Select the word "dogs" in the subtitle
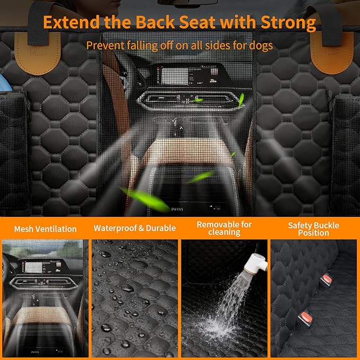pos(260,45)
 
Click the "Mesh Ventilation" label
pos(45,229)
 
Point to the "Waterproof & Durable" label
pos(135,229)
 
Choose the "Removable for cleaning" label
pos(224,229)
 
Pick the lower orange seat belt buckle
pos(305,319)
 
